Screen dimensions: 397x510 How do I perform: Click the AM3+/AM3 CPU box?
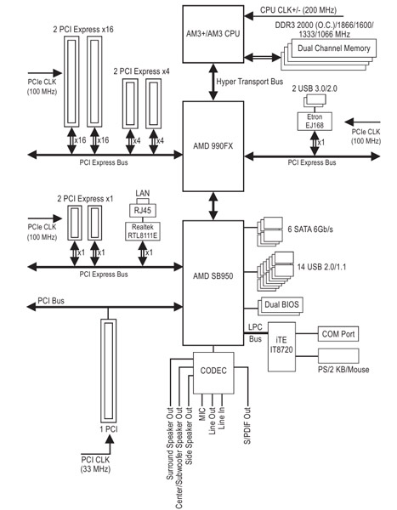[x=213, y=34]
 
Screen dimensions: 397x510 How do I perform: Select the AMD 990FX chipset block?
[x=213, y=146]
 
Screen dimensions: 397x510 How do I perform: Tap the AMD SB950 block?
[x=213, y=283]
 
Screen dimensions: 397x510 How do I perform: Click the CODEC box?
[x=213, y=373]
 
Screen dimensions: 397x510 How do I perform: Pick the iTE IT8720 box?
[x=281, y=347]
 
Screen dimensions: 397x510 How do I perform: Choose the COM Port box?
[x=338, y=334]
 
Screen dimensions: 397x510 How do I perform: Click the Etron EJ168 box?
[x=315, y=122]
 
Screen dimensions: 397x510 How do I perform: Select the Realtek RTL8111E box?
[x=143, y=231]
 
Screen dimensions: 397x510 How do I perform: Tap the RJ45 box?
[x=143, y=211]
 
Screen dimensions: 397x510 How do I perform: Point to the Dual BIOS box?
[x=281, y=304]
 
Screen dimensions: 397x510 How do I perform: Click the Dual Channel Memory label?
[x=334, y=48]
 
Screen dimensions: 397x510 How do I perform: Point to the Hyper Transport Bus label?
[x=250, y=82]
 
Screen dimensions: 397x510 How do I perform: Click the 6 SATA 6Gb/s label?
[x=310, y=229]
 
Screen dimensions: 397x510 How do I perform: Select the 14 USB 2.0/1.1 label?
[x=322, y=267]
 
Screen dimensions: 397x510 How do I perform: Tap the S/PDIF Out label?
[x=247, y=426]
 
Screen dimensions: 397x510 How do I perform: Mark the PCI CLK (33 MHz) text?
[x=95, y=464]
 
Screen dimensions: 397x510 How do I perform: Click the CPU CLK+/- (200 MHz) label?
[x=298, y=10]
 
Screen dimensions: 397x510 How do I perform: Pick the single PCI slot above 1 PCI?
[x=108, y=370]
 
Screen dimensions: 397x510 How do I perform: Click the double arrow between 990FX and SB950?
[x=213, y=206]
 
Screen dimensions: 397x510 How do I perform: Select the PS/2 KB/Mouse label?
[x=343, y=370]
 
